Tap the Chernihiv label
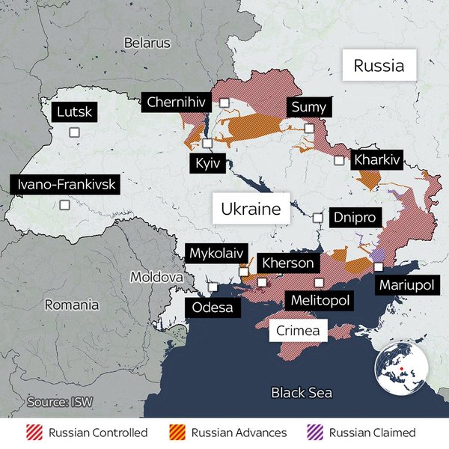pos(177,103)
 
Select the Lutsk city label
pos(75,112)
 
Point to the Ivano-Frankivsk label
pos(64,184)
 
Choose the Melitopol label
pos(320,301)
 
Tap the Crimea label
pos(297,330)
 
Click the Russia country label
pos(379,66)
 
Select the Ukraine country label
pos(250,208)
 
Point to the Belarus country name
pos(147,43)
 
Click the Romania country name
pos(72,305)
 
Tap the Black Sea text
pos(302,393)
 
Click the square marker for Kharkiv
pos(339,160)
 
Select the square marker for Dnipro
pos(317,218)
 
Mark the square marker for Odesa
pos(213,287)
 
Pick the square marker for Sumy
pos(309,128)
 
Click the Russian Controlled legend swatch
pos(33,433)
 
